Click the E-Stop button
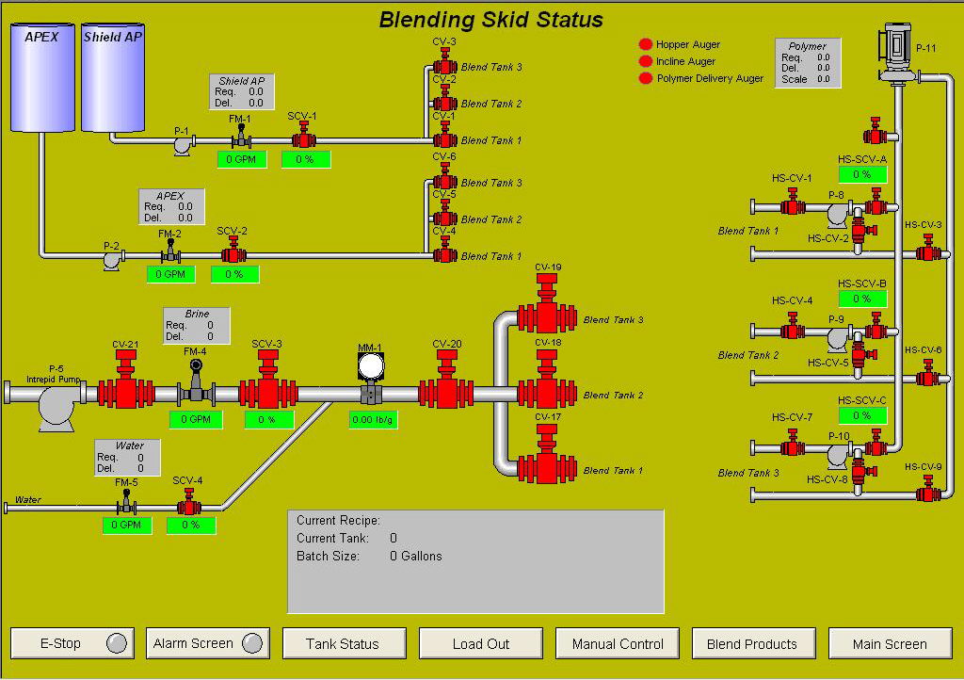[72, 644]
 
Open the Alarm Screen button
[208, 644]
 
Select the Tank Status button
[343, 644]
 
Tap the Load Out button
[480, 644]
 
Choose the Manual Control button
[618, 644]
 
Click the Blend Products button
[752, 644]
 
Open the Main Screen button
[890, 644]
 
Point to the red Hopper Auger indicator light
[646, 44]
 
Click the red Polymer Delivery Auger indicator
[646, 78]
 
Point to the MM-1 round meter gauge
[371, 366]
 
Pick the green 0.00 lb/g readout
[372, 420]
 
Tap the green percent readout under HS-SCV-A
[862, 174]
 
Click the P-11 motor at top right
[895, 47]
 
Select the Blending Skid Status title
[490, 20]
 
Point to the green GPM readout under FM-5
[127, 525]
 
